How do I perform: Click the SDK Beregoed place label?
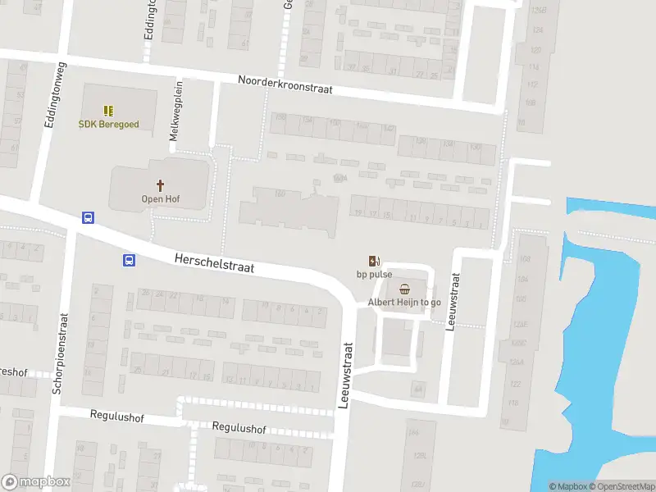[x=108, y=125]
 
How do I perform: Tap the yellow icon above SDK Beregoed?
[x=107, y=110]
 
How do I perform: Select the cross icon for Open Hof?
[x=160, y=185]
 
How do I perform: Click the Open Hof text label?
[x=160, y=199]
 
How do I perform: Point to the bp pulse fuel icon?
[x=374, y=261]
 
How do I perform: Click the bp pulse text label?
[x=374, y=275]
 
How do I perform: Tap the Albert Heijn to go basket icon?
[x=404, y=289]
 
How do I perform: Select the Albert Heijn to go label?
[x=404, y=303]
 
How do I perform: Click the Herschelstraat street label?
[x=214, y=262]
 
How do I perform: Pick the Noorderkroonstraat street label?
[x=285, y=84]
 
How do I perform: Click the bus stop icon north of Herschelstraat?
[x=87, y=218]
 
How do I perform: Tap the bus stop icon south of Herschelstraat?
[x=129, y=261]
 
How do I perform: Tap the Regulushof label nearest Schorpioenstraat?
[x=116, y=417]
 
